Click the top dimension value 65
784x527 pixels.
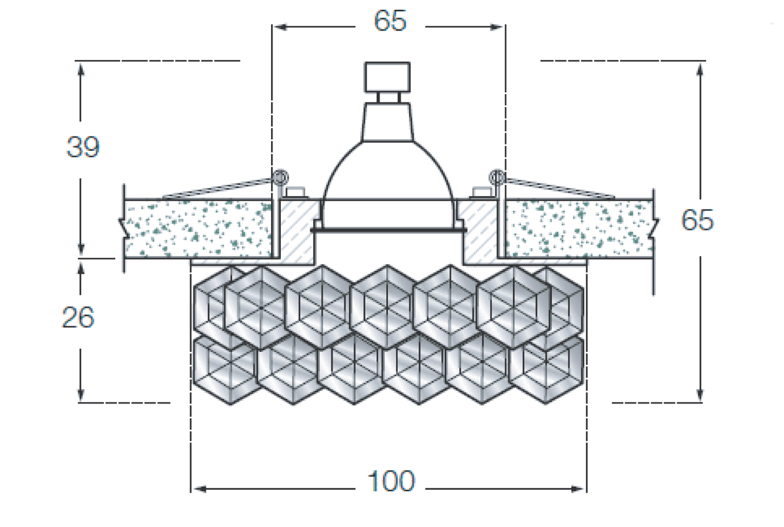coord(390,21)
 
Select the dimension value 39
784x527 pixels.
coord(83,147)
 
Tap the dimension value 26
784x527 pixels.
coord(78,317)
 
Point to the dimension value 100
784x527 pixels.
coord(391,481)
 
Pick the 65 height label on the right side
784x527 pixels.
coord(697,220)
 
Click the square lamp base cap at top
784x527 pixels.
coord(387,77)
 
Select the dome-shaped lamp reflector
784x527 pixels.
coord(387,172)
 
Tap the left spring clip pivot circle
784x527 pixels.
coord(280,178)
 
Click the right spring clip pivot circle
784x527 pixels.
coord(497,178)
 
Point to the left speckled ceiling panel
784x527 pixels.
coord(198,229)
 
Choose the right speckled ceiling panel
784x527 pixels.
coord(580,229)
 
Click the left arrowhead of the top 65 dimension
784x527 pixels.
coord(280,27)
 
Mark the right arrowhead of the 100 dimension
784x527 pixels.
coord(577,489)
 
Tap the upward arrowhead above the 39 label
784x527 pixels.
coord(81,70)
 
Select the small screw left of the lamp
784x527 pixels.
coord(296,193)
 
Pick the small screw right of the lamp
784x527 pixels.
coord(482,193)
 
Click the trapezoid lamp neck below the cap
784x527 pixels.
coord(387,122)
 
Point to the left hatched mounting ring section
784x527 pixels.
coord(297,232)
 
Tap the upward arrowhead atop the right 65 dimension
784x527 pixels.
coord(700,70)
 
